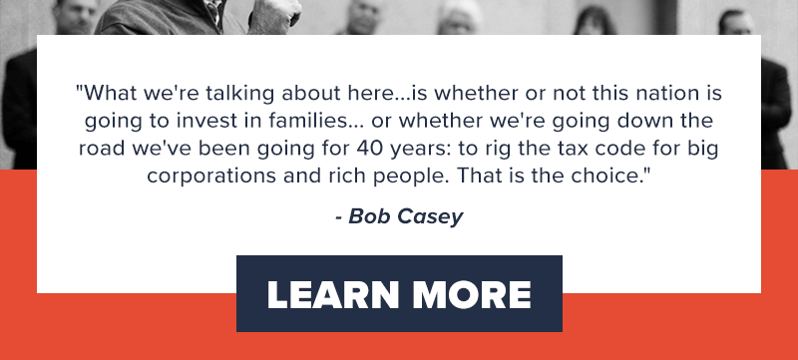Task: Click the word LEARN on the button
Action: [x=328, y=294]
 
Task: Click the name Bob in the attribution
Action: [x=370, y=216]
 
